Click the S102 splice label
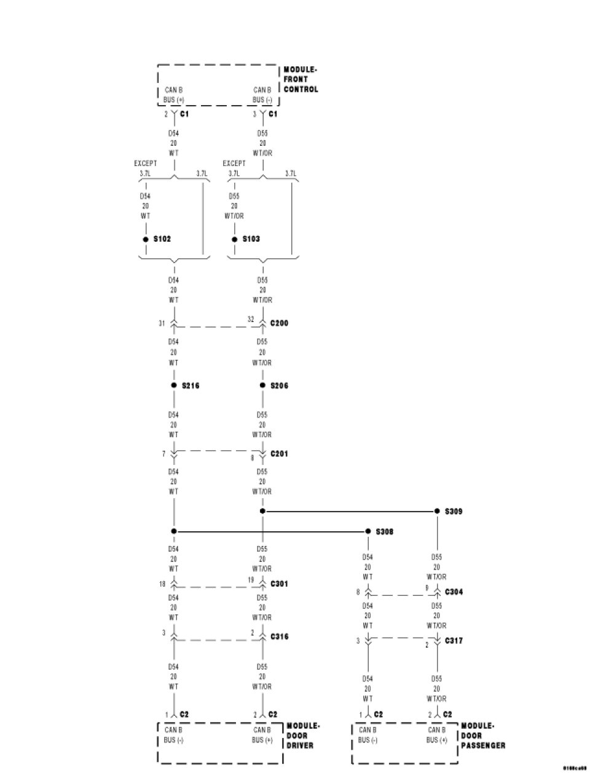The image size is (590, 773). (162, 239)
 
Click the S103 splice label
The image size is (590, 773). (251, 239)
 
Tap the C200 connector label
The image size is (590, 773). (279, 323)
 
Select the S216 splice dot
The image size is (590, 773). (174, 386)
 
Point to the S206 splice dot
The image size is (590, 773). (262, 386)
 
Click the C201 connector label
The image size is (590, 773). (279, 454)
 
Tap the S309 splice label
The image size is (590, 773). (454, 511)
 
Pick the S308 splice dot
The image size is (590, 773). (368, 531)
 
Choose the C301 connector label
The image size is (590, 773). (279, 584)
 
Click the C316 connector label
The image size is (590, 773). (279, 636)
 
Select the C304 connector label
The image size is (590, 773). (454, 592)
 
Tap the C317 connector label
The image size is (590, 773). (454, 641)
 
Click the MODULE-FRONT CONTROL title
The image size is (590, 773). (301, 79)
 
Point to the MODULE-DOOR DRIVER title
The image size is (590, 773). (302, 735)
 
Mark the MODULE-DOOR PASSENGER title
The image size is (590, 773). (483, 735)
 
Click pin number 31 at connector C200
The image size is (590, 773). (162, 323)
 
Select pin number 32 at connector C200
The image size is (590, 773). (251, 320)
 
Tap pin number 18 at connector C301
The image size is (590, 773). (162, 584)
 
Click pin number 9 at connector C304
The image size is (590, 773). (428, 589)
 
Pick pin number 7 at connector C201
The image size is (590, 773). (164, 454)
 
